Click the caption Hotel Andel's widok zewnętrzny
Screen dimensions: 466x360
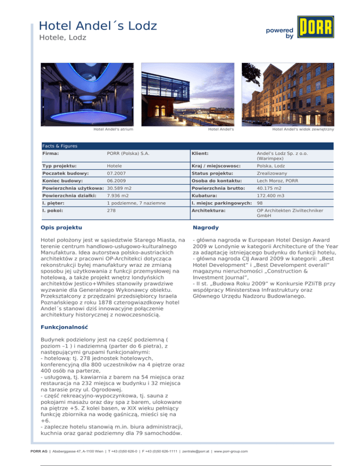pos(303,129)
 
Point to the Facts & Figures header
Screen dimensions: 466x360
pos(60,146)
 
